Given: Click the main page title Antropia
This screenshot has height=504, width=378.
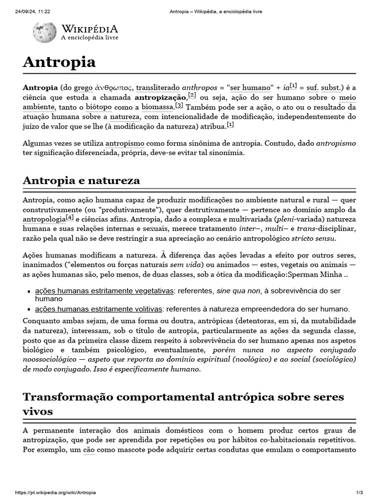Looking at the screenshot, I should coord(59,62).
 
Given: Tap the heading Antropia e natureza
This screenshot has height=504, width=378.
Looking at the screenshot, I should coord(81,181).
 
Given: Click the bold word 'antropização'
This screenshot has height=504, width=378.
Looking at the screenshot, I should coord(161,97).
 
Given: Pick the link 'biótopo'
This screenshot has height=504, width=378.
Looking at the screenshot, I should coord(98,107).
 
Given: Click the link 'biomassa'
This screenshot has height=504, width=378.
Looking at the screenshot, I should coord(157,107).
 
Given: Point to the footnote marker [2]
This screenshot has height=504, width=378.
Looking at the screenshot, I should coord(192,95).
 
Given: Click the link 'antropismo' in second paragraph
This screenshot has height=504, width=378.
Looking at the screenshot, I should coord(125,143).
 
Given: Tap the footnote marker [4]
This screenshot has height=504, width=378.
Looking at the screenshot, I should coord(70,217).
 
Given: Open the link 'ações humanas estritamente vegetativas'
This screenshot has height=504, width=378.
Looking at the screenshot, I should coord(104,291).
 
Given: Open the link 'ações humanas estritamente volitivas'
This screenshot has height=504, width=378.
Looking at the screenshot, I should coord(98,309).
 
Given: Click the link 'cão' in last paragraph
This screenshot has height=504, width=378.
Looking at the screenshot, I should coord(89,450).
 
